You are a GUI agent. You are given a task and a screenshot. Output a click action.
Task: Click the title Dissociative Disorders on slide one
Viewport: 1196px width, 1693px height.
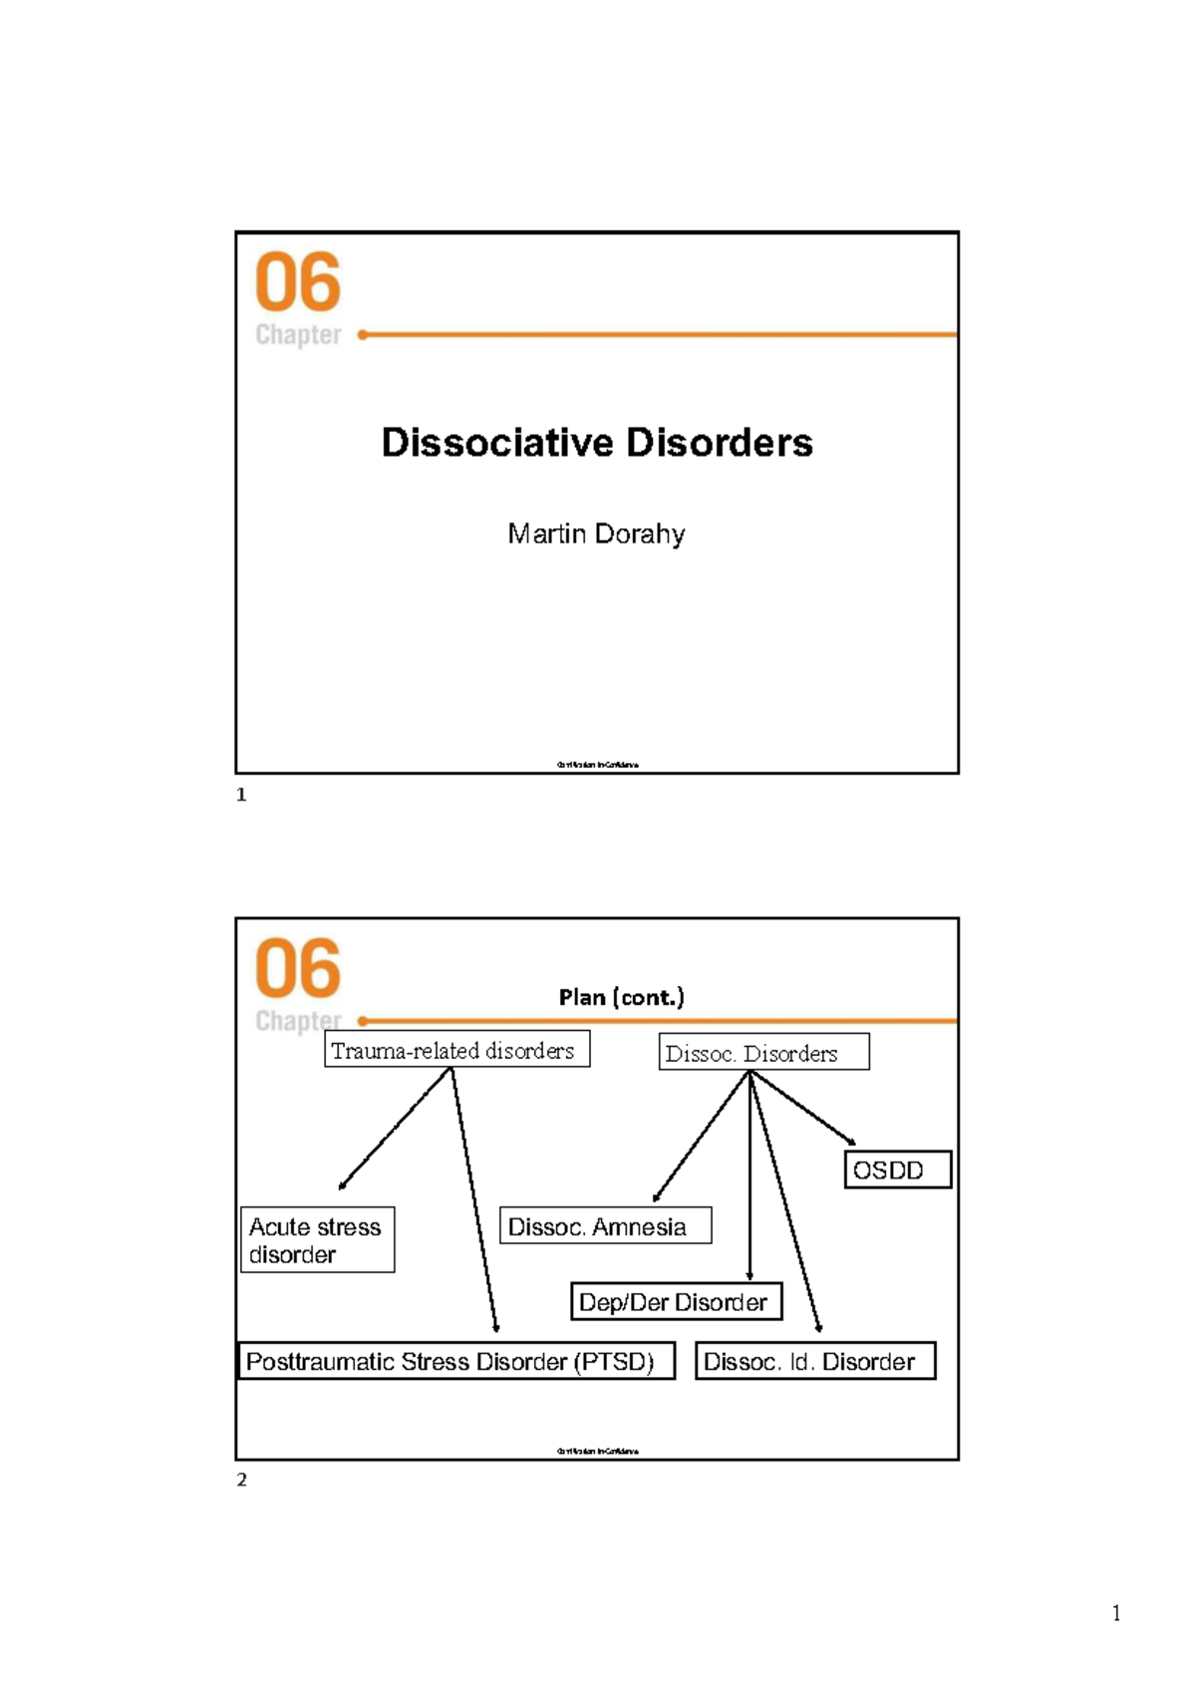(597, 443)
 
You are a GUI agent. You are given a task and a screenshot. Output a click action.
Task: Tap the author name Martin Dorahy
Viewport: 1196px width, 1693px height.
(596, 534)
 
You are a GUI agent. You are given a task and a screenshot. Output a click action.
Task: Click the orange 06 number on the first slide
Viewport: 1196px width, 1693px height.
(298, 282)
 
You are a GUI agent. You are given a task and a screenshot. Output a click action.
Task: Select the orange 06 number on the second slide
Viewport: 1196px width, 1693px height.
(298, 968)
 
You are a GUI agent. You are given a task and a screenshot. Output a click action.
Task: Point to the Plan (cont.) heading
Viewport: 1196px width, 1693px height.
(621, 997)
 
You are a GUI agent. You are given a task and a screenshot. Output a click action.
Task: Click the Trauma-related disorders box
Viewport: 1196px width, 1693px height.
(456, 1050)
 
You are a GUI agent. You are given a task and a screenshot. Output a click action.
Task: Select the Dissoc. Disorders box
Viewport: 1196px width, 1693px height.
(763, 1053)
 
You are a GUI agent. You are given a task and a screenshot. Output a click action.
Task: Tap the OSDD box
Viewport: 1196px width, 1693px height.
(898, 1170)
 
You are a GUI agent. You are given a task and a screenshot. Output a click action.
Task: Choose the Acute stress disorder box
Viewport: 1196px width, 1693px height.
(317, 1239)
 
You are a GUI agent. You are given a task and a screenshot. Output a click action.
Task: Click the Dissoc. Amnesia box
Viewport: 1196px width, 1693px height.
(605, 1225)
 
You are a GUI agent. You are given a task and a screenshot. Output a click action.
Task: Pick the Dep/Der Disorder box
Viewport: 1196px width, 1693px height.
(676, 1301)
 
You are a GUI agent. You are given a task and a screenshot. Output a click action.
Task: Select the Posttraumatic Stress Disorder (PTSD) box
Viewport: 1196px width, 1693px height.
(455, 1361)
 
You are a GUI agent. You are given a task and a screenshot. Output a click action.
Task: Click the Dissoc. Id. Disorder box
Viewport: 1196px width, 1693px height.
(814, 1361)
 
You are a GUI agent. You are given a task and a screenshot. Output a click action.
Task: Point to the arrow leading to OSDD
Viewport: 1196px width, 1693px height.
(803, 1108)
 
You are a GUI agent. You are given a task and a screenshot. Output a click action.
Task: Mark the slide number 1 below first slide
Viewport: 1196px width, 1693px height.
(241, 795)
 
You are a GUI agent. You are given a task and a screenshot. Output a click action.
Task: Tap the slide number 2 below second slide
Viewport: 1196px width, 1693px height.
(241, 1480)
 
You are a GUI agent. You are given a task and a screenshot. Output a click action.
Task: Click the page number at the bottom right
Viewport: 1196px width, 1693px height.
(1116, 1613)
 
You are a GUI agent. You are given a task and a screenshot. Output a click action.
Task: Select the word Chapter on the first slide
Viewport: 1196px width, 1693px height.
(298, 335)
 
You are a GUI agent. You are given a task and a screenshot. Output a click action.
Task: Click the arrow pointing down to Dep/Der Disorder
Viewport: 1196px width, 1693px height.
(749, 1177)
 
